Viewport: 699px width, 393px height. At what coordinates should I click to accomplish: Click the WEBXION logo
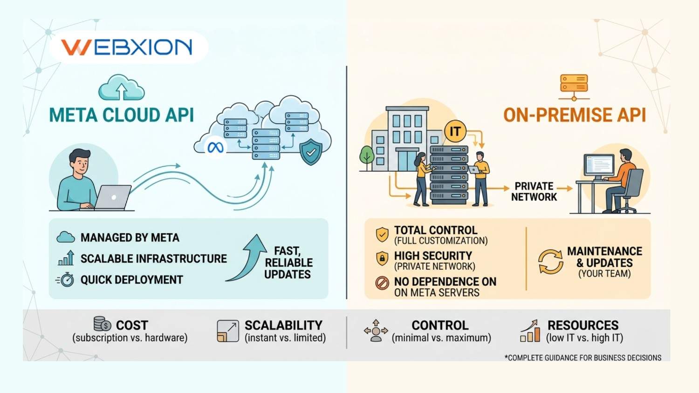click(127, 47)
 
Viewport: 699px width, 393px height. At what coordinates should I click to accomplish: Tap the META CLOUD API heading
click(122, 115)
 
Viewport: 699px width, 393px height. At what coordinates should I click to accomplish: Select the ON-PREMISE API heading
click(575, 115)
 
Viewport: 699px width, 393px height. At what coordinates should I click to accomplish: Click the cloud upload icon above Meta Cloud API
click(122, 88)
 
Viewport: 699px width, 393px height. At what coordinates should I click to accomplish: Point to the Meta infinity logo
click(215, 148)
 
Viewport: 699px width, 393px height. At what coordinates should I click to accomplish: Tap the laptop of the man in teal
click(113, 197)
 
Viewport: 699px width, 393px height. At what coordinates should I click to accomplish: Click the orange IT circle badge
click(455, 132)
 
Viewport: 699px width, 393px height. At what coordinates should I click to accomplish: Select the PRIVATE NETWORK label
click(534, 191)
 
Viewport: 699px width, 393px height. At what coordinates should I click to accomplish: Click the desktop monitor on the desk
click(599, 165)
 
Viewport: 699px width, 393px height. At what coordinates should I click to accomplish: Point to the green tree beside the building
click(367, 156)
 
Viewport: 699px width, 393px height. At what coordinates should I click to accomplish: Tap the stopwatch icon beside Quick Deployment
click(67, 280)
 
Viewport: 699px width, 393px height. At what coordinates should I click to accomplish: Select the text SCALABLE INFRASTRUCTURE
click(153, 259)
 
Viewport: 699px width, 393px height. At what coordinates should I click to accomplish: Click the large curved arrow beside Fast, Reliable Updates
click(248, 258)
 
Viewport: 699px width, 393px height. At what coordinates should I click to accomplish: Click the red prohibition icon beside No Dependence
click(382, 283)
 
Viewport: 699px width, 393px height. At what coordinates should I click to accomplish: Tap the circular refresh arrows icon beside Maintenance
click(550, 261)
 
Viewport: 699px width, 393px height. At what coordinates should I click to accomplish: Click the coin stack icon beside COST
click(102, 324)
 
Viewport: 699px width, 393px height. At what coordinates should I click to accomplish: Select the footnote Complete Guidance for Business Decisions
click(582, 358)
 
